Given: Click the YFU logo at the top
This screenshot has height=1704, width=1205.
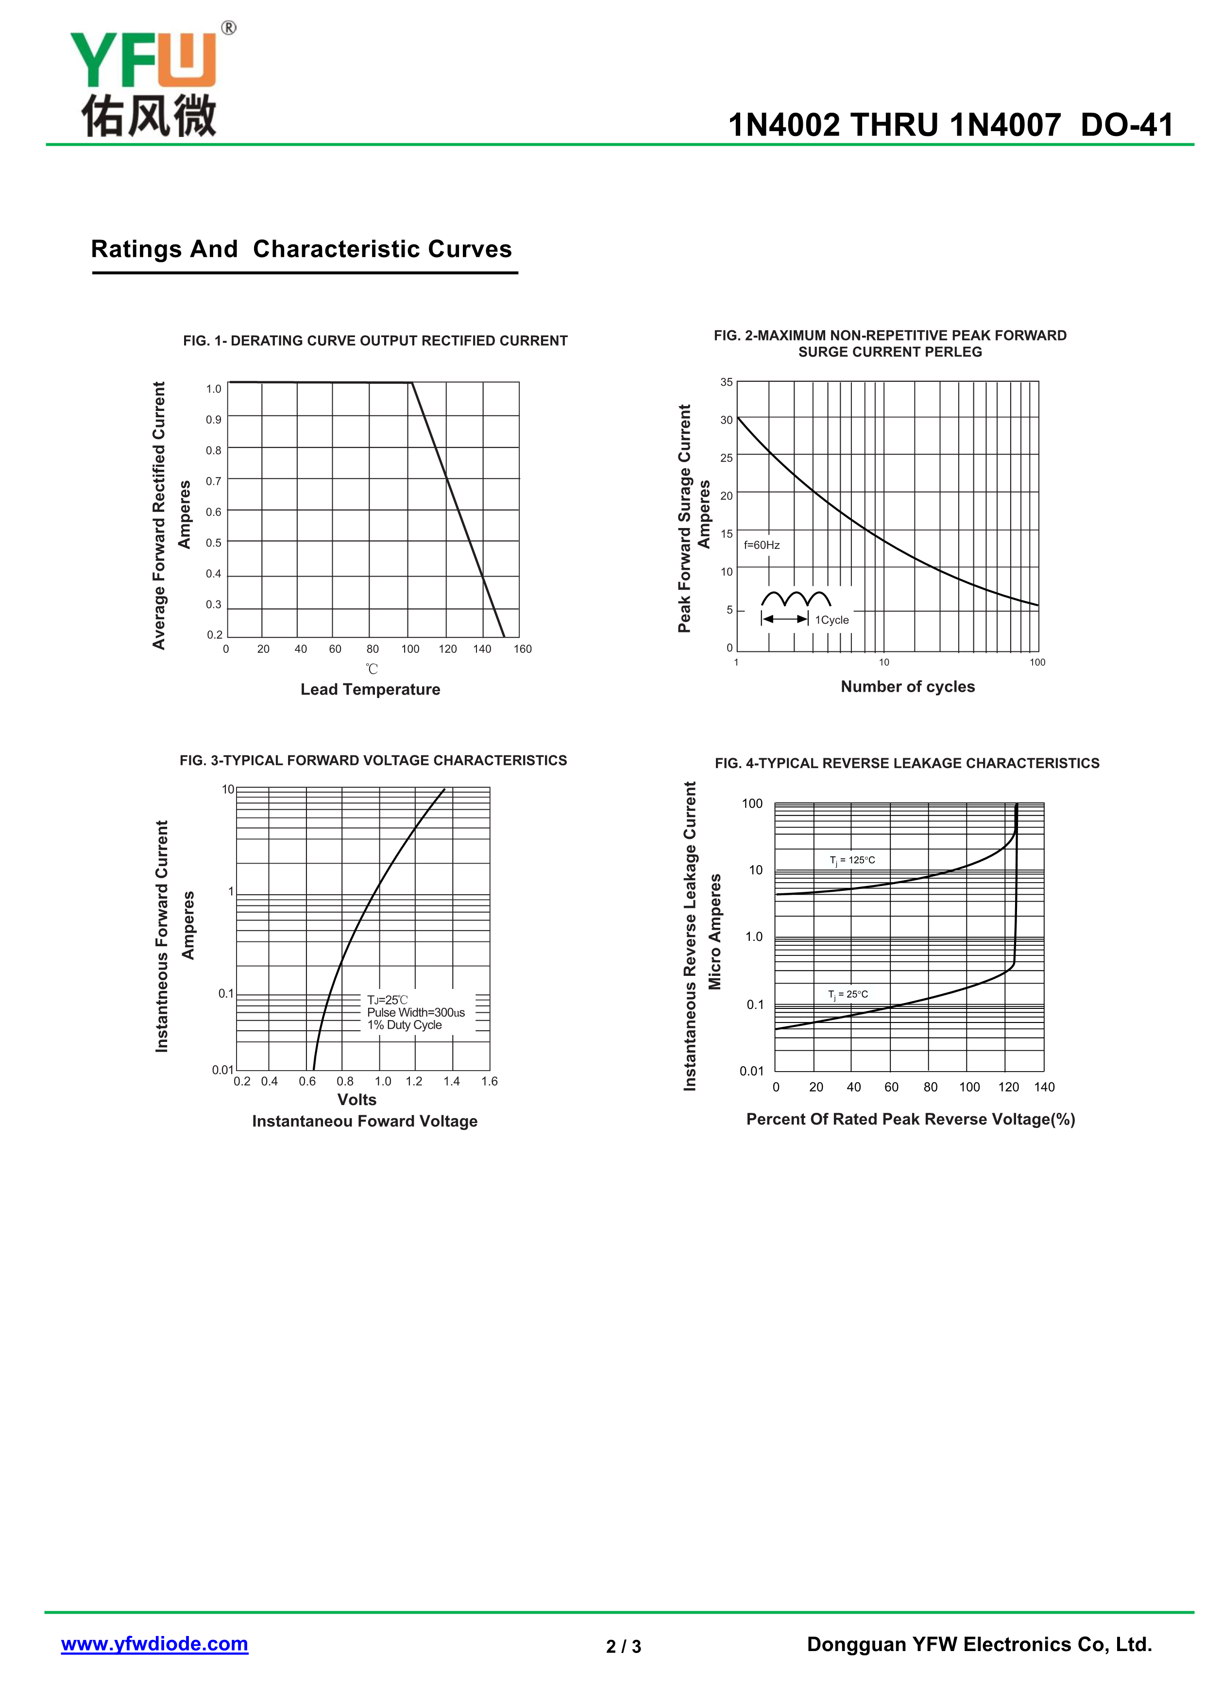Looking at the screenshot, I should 149,82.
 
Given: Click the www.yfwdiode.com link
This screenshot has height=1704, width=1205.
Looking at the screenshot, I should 154,1644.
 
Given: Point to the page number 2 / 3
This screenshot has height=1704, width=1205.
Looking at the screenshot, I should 623,1647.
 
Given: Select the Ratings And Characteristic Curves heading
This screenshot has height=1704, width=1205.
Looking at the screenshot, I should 301,249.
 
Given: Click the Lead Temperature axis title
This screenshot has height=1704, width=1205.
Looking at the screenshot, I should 370,689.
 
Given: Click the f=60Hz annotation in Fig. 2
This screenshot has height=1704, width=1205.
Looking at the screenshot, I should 762,545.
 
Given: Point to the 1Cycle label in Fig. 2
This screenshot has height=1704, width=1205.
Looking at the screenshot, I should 832,620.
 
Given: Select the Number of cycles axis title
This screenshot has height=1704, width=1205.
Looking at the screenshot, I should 907,686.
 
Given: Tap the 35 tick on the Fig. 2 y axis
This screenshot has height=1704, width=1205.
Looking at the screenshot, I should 727,382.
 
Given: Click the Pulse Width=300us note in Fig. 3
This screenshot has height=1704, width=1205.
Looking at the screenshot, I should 416,1012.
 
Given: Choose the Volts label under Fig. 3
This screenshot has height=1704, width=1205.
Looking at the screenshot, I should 357,1100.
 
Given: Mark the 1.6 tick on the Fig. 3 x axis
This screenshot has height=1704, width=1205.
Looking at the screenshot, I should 489,1081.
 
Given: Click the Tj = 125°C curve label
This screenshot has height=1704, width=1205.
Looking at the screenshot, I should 852,860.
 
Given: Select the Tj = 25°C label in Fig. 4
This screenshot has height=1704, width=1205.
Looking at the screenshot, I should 848,994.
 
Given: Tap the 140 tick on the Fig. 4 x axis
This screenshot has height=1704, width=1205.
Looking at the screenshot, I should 1044,1087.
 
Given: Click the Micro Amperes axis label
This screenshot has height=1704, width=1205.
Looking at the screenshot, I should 714,931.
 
